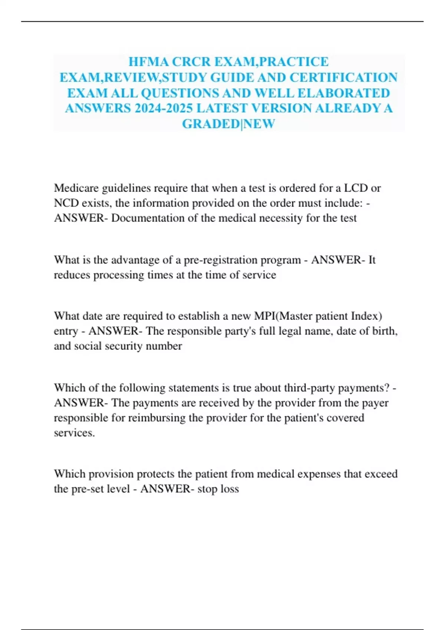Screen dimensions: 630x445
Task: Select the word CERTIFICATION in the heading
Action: point(343,77)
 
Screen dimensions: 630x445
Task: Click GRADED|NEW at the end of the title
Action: point(228,124)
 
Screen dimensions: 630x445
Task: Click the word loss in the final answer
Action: point(230,489)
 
